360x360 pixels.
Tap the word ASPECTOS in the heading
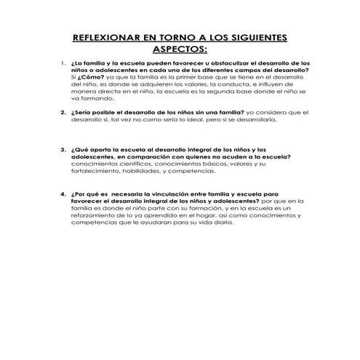pyautogui.click(x=179, y=50)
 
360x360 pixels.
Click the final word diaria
pyautogui.click(x=223, y=225)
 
